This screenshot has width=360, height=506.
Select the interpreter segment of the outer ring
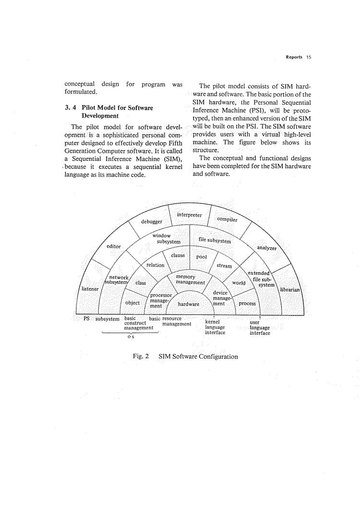(x=189, y=215)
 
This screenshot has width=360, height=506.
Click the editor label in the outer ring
(x=114, y=246)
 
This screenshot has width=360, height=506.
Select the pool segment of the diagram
(x=202, y=257)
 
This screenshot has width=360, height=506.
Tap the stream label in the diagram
(x=224, y=265)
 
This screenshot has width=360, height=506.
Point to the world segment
(x=239, y=283)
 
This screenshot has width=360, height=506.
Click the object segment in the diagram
(x=132, y=303)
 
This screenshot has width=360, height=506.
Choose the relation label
(x=155, y=265)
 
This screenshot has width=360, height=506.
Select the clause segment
(x=178, y=255)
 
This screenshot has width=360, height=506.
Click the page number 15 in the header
(x=309, y=57)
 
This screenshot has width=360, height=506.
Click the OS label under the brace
(x=130, y=337)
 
